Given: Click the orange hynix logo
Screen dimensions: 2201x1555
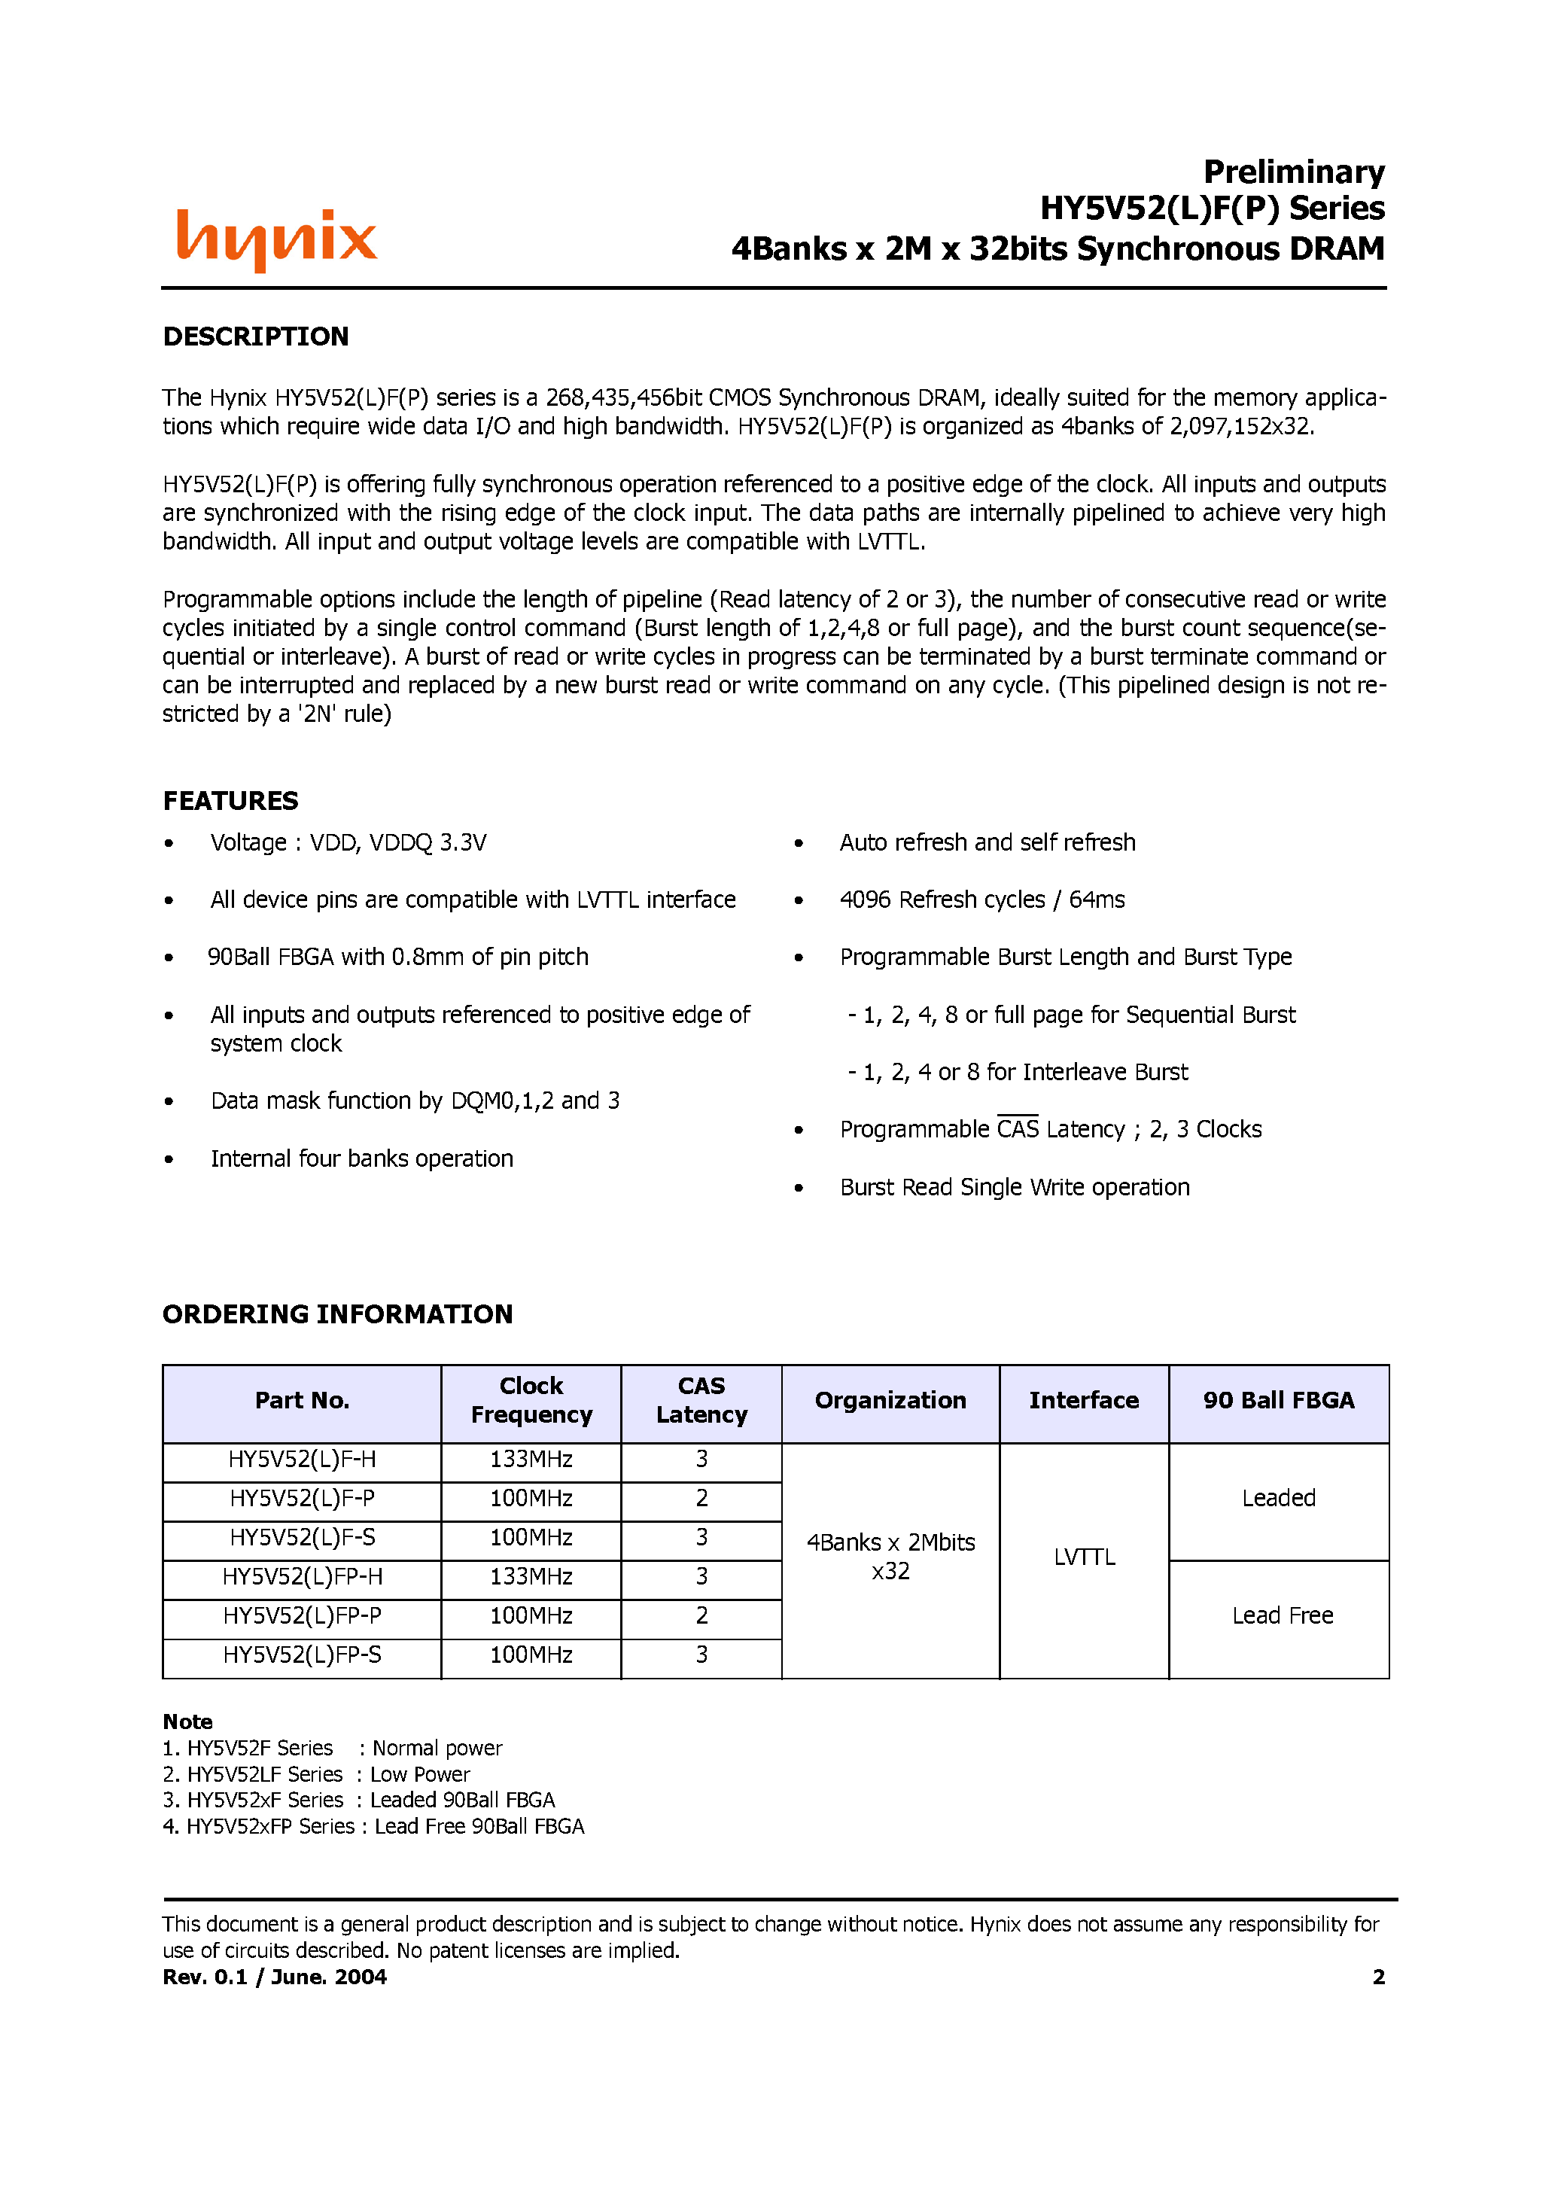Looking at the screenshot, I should pos(276,239).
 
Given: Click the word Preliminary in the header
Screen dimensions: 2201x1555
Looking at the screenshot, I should pos(1293,172).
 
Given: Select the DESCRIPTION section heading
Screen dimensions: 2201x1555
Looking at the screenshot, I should pos(255,336).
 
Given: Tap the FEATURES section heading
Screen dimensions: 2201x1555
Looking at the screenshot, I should pos(230,800).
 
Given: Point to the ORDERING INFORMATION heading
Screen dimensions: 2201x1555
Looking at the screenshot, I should pos(337,1314).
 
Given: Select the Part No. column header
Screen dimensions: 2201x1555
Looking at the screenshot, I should pos(302,1401).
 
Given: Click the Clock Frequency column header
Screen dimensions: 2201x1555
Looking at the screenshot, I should pos(531,1401).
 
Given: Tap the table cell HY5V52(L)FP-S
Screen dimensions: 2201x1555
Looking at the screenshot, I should pos(302,1655).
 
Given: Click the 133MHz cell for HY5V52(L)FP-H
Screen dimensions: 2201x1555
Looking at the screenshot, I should pos(531,1577).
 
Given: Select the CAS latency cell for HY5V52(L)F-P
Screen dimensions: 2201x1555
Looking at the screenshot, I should pos(701,1499).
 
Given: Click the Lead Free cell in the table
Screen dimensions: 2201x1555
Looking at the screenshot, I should pos(1282,1616).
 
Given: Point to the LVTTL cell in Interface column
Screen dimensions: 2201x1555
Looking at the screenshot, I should pos(1085,1557).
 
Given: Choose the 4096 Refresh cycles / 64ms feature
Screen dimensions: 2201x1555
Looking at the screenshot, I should pos(981,900).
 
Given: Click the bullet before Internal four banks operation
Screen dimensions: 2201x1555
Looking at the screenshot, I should pos(169,1160).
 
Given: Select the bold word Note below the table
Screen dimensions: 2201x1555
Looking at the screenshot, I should pos(188,1722).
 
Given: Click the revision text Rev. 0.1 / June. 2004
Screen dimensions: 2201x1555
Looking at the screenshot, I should pos(274,1977).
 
